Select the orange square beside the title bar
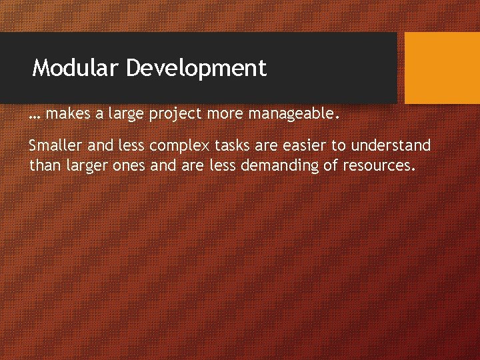coord(442,68)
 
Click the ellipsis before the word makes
coord(35,115)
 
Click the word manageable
coord(299,115)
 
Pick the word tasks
coord(231,145)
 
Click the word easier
coord(304,145)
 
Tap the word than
coord(44,165)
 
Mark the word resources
coord(379,165)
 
